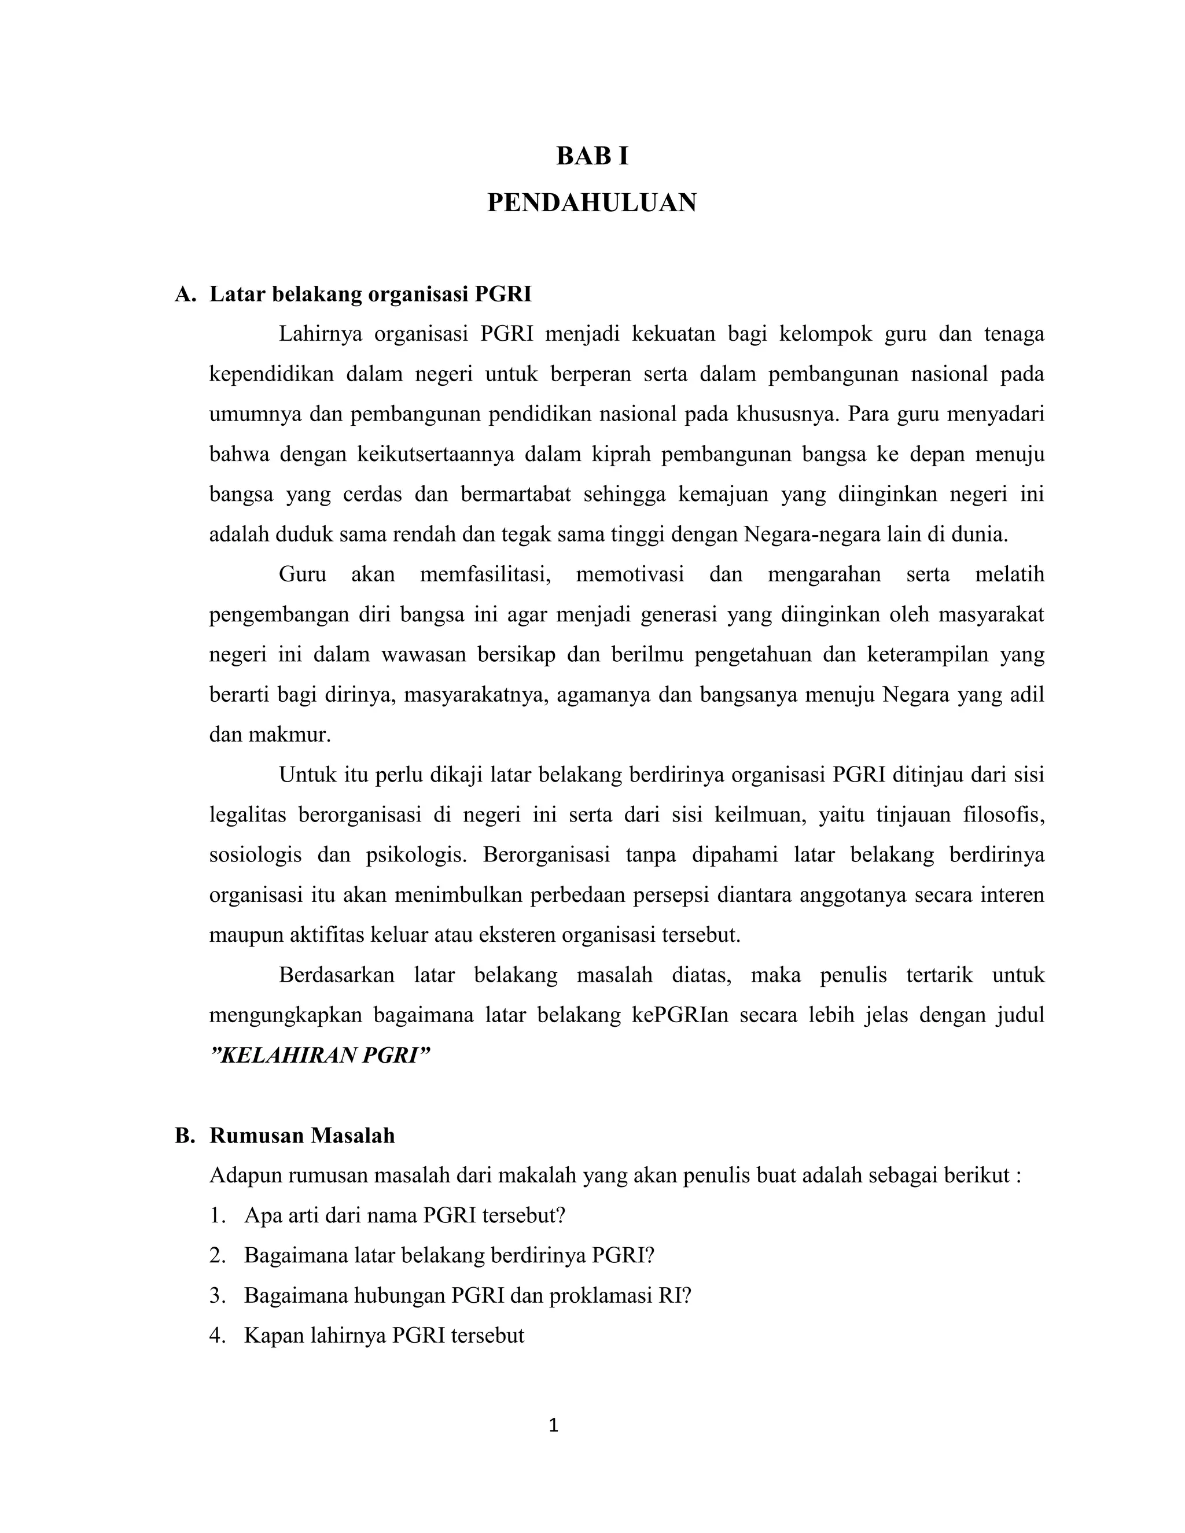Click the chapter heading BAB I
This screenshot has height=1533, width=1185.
(592, 157)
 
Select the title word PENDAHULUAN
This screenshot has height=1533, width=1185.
(592, 203)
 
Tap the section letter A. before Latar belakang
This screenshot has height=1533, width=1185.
(185, 294)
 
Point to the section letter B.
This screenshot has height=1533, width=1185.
(185, 1136)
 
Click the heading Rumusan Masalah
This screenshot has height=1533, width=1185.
(302, 1136)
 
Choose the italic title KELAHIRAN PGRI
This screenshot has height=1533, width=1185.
(319, 1056)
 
